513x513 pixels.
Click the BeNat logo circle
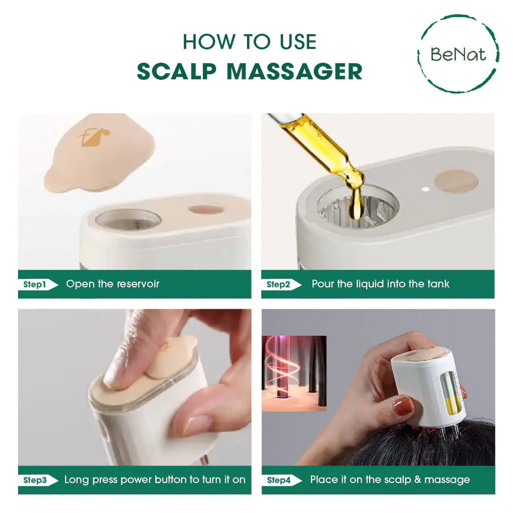pos(458,54)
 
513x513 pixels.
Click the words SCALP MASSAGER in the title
pos(249,71)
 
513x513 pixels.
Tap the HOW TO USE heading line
pos(249,42)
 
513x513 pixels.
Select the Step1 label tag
pos(36,285)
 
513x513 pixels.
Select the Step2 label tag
pos(279,285)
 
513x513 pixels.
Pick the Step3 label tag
pos(36,480)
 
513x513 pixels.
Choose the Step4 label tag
pos(280,480)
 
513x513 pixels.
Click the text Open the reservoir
pos(113,284)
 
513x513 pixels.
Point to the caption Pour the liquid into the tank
pos(380,284)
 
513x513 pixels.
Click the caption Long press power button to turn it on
pos(155,479)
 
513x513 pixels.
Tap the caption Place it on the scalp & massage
pos(390,479)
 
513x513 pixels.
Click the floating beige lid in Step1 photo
pos(99,152)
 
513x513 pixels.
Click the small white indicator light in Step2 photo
pos(425,189)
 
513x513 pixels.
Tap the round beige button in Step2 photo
pos(456,181)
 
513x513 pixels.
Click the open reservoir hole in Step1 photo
pos(128,219)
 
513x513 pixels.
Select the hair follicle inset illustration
pos(294,373)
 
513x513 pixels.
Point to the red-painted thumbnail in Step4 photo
pos(403,406)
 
